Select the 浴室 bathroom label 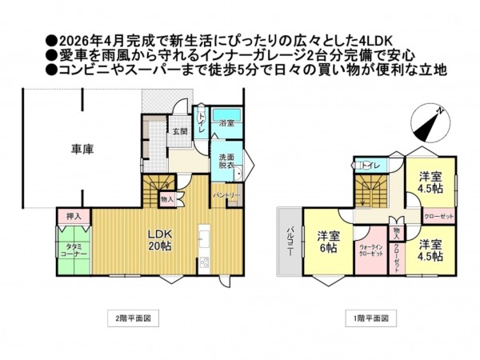(x=226, y=122)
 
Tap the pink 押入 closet (x=73, y=216)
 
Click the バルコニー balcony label (x=290, y=241)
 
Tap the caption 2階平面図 (x=129, y=318)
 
